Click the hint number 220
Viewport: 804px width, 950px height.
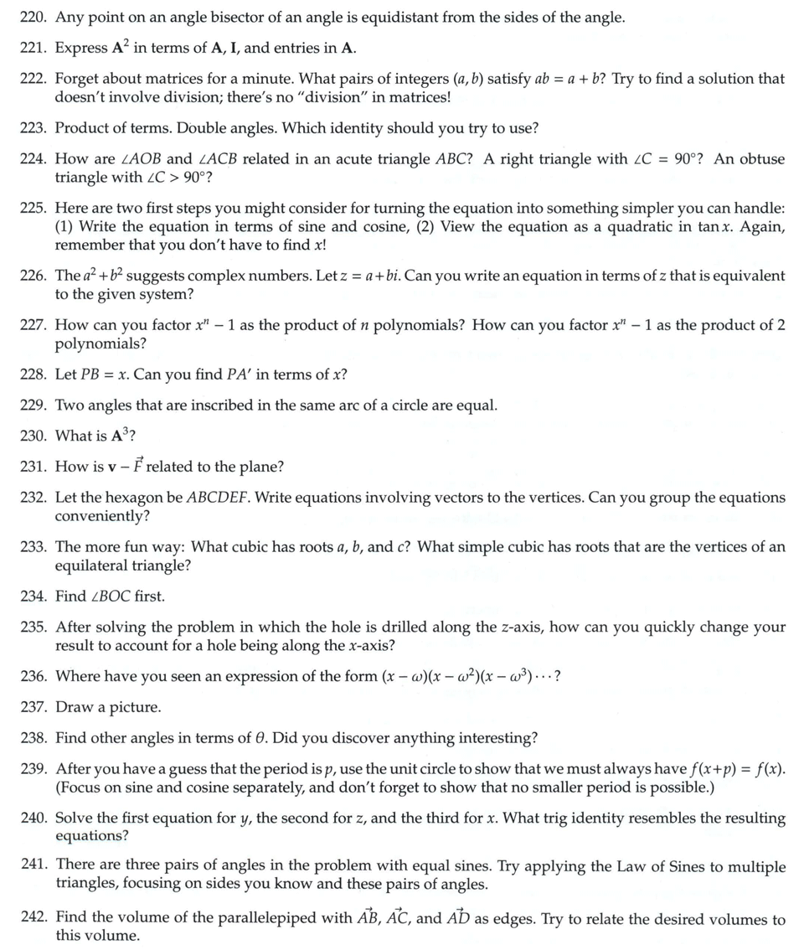34,17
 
